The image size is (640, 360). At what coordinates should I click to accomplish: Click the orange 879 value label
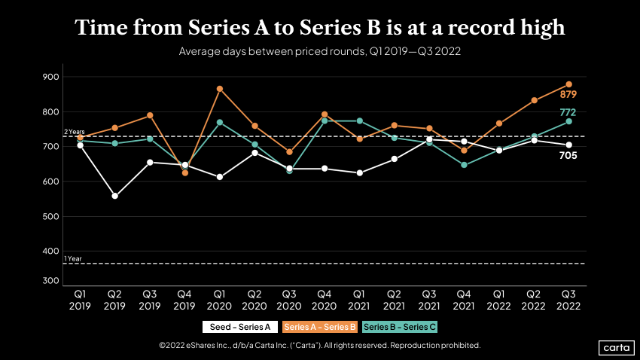click(568, 95)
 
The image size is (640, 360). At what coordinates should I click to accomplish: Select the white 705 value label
click(568, 156)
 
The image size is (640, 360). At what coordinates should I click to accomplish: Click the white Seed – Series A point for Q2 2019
click(114, 196)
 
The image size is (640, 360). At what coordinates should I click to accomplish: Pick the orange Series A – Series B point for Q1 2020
click(220, 89)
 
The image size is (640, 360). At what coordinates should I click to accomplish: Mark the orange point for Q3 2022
click(569, 84)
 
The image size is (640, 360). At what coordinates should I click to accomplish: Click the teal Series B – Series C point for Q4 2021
click(464, 164)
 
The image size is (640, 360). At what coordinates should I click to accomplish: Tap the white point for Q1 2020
click(220, 177)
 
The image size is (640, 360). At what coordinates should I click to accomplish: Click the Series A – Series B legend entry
click(319, 327)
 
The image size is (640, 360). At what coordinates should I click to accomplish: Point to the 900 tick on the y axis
click(50, 77)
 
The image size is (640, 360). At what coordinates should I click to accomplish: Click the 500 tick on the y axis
click(50, 217)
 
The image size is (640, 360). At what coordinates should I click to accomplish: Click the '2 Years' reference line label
click(75, 132)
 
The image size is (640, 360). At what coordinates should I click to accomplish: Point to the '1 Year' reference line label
click(73, 259)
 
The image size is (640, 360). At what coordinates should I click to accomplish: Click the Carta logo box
click(615, 347)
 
